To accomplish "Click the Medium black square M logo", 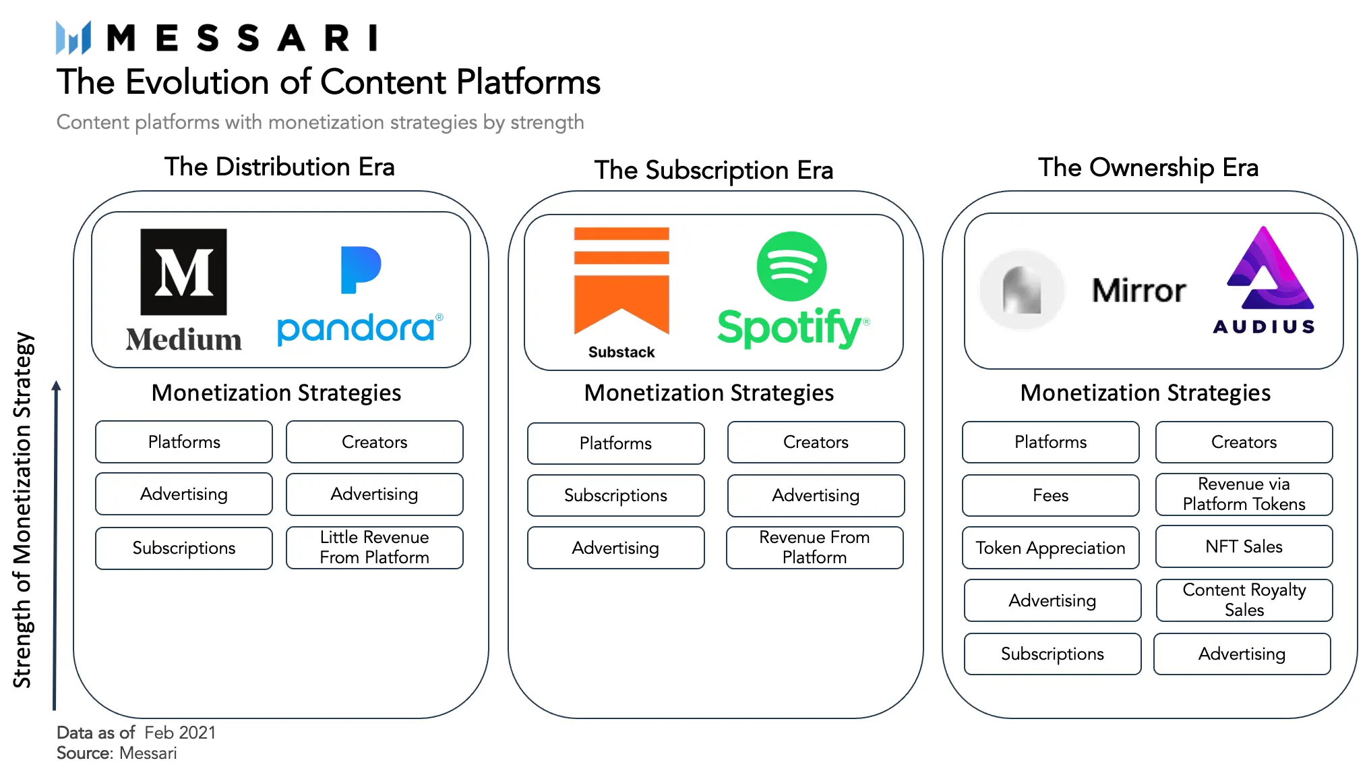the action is tap(183, 272).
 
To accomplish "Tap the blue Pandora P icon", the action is tap(361, 270).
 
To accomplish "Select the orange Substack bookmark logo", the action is tap(621, 281).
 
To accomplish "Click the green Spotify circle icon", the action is tap(791, 266).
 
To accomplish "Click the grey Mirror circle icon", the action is tap(1022, 290).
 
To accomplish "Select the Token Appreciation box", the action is tap(1051, 548).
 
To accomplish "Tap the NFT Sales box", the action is tap(1244, 546).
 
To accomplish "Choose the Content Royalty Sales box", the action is tap(1244, 600).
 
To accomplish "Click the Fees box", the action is tap(1051, 495).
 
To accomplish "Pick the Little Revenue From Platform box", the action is tap(375, 547).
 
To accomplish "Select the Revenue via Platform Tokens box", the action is tap(1244, 494).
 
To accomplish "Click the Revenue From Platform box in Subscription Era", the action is tap(815, 547).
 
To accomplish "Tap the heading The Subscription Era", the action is tap(714, 170).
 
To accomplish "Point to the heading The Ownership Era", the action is tap(1148, 167).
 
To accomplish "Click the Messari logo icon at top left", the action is tap(73, 37).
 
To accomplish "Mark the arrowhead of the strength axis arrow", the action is tap(57, 385).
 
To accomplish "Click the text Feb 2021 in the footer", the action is tap(180, 733).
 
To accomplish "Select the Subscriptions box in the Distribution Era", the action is tap(184, 548).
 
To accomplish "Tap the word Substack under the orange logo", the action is tap(621, 352).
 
